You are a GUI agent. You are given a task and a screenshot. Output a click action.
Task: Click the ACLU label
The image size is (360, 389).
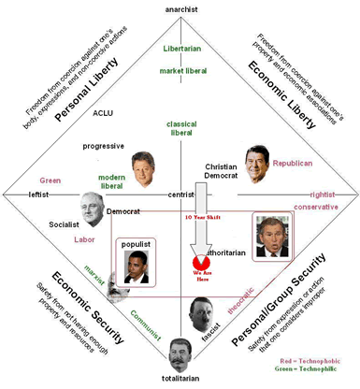(x=103, y=113)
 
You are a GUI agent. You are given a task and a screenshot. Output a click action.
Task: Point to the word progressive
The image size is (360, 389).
(x=103, y=146)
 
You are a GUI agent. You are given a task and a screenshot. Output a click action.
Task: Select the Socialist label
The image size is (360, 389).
(x=64, y=225)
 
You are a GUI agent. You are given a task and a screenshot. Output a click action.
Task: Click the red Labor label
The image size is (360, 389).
(x=84, y=239)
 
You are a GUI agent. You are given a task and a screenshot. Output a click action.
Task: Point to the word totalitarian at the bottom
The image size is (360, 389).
(x=178, y=381)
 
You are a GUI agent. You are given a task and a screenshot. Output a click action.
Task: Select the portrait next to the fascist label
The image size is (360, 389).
(x=199, y=312)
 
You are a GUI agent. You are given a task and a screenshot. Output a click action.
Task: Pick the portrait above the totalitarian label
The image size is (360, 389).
(x=178, y=353)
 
